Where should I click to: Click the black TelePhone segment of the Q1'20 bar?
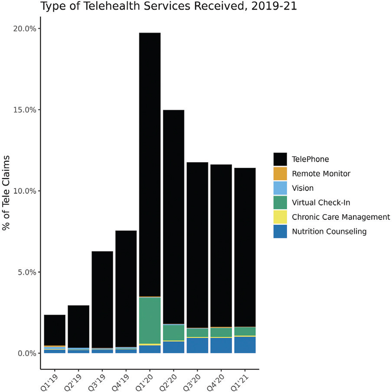tap(150, 165)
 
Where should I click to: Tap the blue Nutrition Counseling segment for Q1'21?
tap(245, 345)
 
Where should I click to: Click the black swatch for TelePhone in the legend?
tap(280, 159)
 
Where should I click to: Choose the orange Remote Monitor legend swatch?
tap(280, 173)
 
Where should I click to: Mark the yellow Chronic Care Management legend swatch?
tap(280, 217)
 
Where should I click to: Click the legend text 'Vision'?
tap(303, 188)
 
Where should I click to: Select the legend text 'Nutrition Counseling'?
tap(329, 232)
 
